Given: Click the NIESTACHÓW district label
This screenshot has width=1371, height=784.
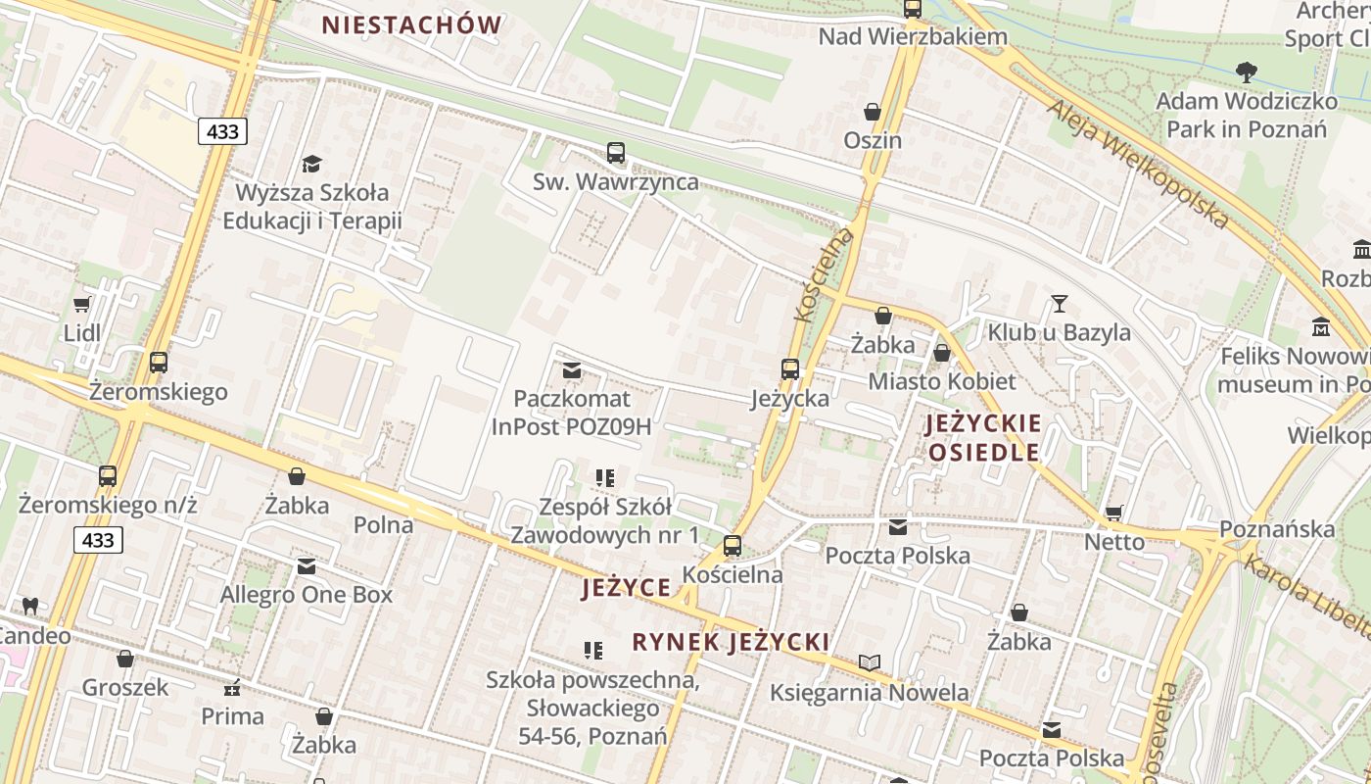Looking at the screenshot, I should [x=411, y=25].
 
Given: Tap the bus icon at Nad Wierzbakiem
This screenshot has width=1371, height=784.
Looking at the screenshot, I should [x=913, y=9].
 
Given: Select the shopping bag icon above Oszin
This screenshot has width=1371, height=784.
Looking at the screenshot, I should [x=872, y=113].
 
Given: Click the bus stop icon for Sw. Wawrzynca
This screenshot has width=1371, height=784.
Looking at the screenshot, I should [x=616, y=153].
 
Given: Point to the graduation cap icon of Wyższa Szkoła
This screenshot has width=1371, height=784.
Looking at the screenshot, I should [x=311, y=164].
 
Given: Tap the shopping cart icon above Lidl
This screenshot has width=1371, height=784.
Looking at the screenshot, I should [x=82, y=304].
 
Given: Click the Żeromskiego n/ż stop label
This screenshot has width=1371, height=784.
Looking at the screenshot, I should [x=108, y=506].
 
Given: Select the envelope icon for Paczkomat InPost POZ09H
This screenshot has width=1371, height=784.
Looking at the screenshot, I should [x=572, y=370].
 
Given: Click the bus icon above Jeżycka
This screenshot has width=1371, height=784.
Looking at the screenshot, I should [x=789, y=369].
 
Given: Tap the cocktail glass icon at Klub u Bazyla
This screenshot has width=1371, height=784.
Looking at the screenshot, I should [x=1059, y=303].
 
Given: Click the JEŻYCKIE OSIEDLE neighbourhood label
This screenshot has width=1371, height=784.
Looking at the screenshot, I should [x=984, y=438].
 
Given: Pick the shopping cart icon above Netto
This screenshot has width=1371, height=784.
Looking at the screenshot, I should [x=1113, y=513].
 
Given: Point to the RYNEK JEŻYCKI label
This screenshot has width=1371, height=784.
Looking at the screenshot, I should [x=731, y=642].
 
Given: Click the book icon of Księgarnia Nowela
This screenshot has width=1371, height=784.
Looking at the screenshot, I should [x=869, y=662].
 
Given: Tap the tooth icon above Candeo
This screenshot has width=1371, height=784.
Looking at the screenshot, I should [x=29, y=606].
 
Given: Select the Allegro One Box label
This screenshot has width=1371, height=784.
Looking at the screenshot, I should [x=306, y=595].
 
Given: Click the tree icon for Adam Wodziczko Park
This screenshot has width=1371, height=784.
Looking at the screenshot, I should [x=1246, y=72].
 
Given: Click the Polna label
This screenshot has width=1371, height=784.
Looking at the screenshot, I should [x=383, y=524].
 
